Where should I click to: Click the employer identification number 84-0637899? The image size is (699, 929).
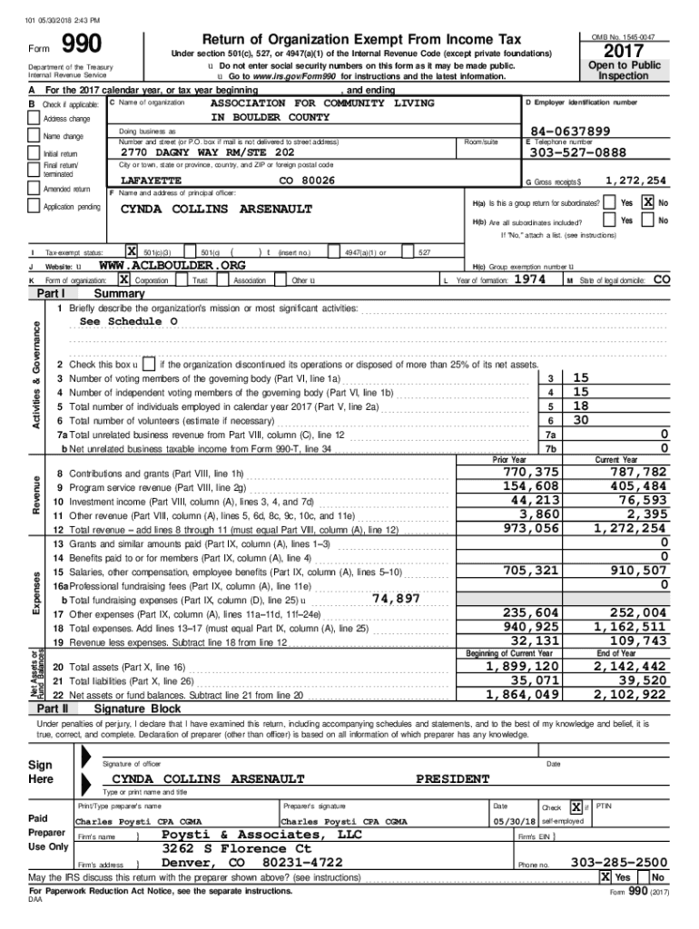click(x=569, y=132)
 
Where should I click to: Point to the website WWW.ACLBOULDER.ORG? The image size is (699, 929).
click(x=172, y=265)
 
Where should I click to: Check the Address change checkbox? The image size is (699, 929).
click(x=34, y=119)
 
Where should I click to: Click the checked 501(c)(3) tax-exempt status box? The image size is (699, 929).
click(x=133, y=250)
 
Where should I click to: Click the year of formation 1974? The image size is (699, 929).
click(x=530, y=280)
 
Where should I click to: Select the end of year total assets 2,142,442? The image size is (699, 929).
click(x=630, y=667)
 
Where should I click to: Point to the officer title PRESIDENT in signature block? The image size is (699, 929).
click(x=453, y=778)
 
